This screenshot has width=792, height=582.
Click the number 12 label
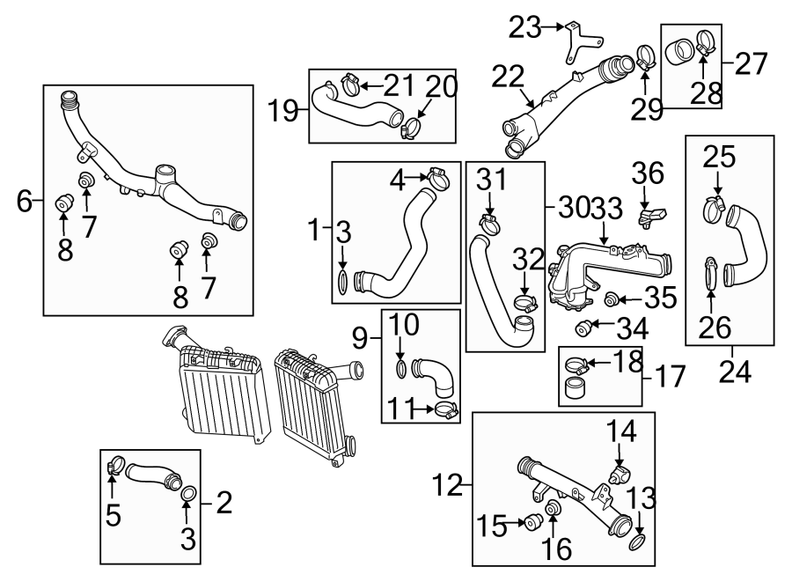[x=448, y=483]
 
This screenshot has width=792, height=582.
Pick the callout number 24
[x=736, y=373]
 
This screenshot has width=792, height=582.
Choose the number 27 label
[x=752, y=64]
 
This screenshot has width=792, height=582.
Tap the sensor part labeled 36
[x=653, y=215]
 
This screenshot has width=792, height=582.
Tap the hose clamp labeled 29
[x=645, y=59]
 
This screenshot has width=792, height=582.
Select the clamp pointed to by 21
[x=348, y=85]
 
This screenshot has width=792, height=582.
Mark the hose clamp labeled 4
[x=437, y=180]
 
